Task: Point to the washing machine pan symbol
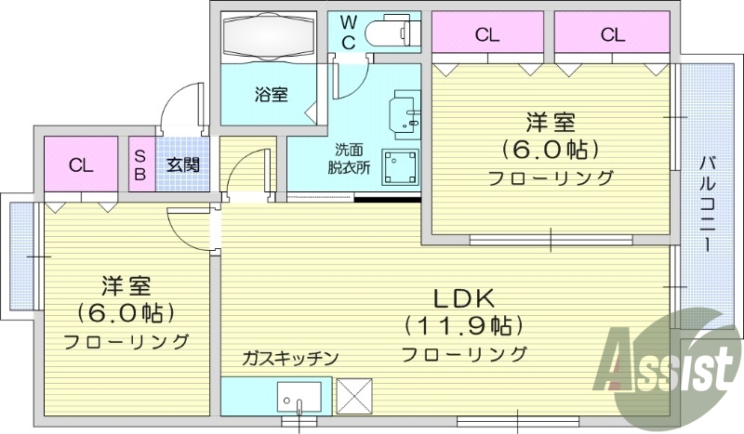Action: [401, 168]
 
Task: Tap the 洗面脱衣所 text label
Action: [348, 159]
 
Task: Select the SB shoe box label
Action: [141, 165]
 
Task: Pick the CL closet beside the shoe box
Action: [81, 165]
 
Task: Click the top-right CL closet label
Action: [611, 35]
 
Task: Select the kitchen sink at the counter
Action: [299, 397]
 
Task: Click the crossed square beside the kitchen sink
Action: [353, 395]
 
